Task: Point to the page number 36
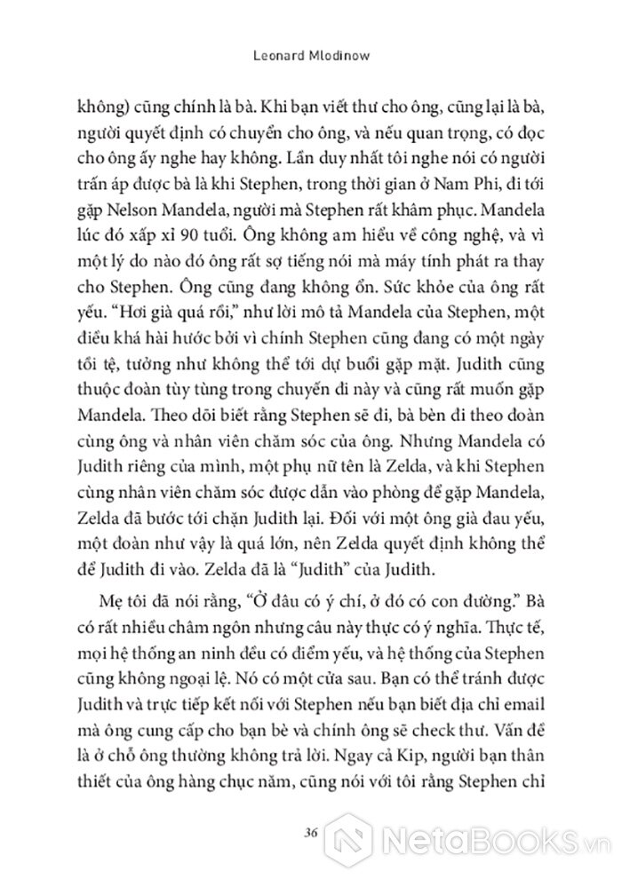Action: point(310,831)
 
